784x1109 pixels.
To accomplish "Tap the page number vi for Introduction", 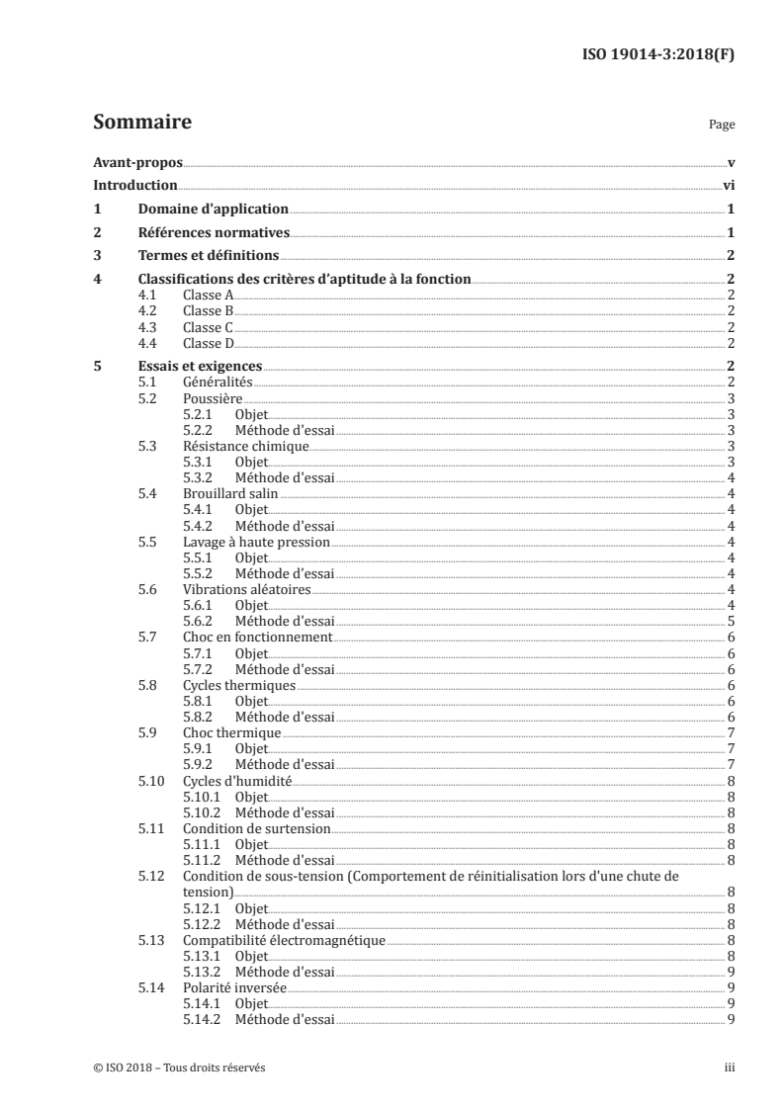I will click(x=728, y=186).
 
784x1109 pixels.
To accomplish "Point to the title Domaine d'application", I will click(x=213, y=210).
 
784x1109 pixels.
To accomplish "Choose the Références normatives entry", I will click(x=213, y=233).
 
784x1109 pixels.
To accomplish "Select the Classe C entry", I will click(x=208, y=327).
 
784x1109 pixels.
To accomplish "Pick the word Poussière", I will click(x=213, y=398).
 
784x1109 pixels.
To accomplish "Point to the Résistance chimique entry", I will click(x=231, y=446).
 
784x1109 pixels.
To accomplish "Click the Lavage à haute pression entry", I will click(x=256, y=542).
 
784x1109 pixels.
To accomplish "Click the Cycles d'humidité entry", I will click(x=232, y=781).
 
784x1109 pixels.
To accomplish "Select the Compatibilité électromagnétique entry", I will click(x=284, y=940).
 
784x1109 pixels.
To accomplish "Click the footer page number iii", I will click(x=729, y=1067).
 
